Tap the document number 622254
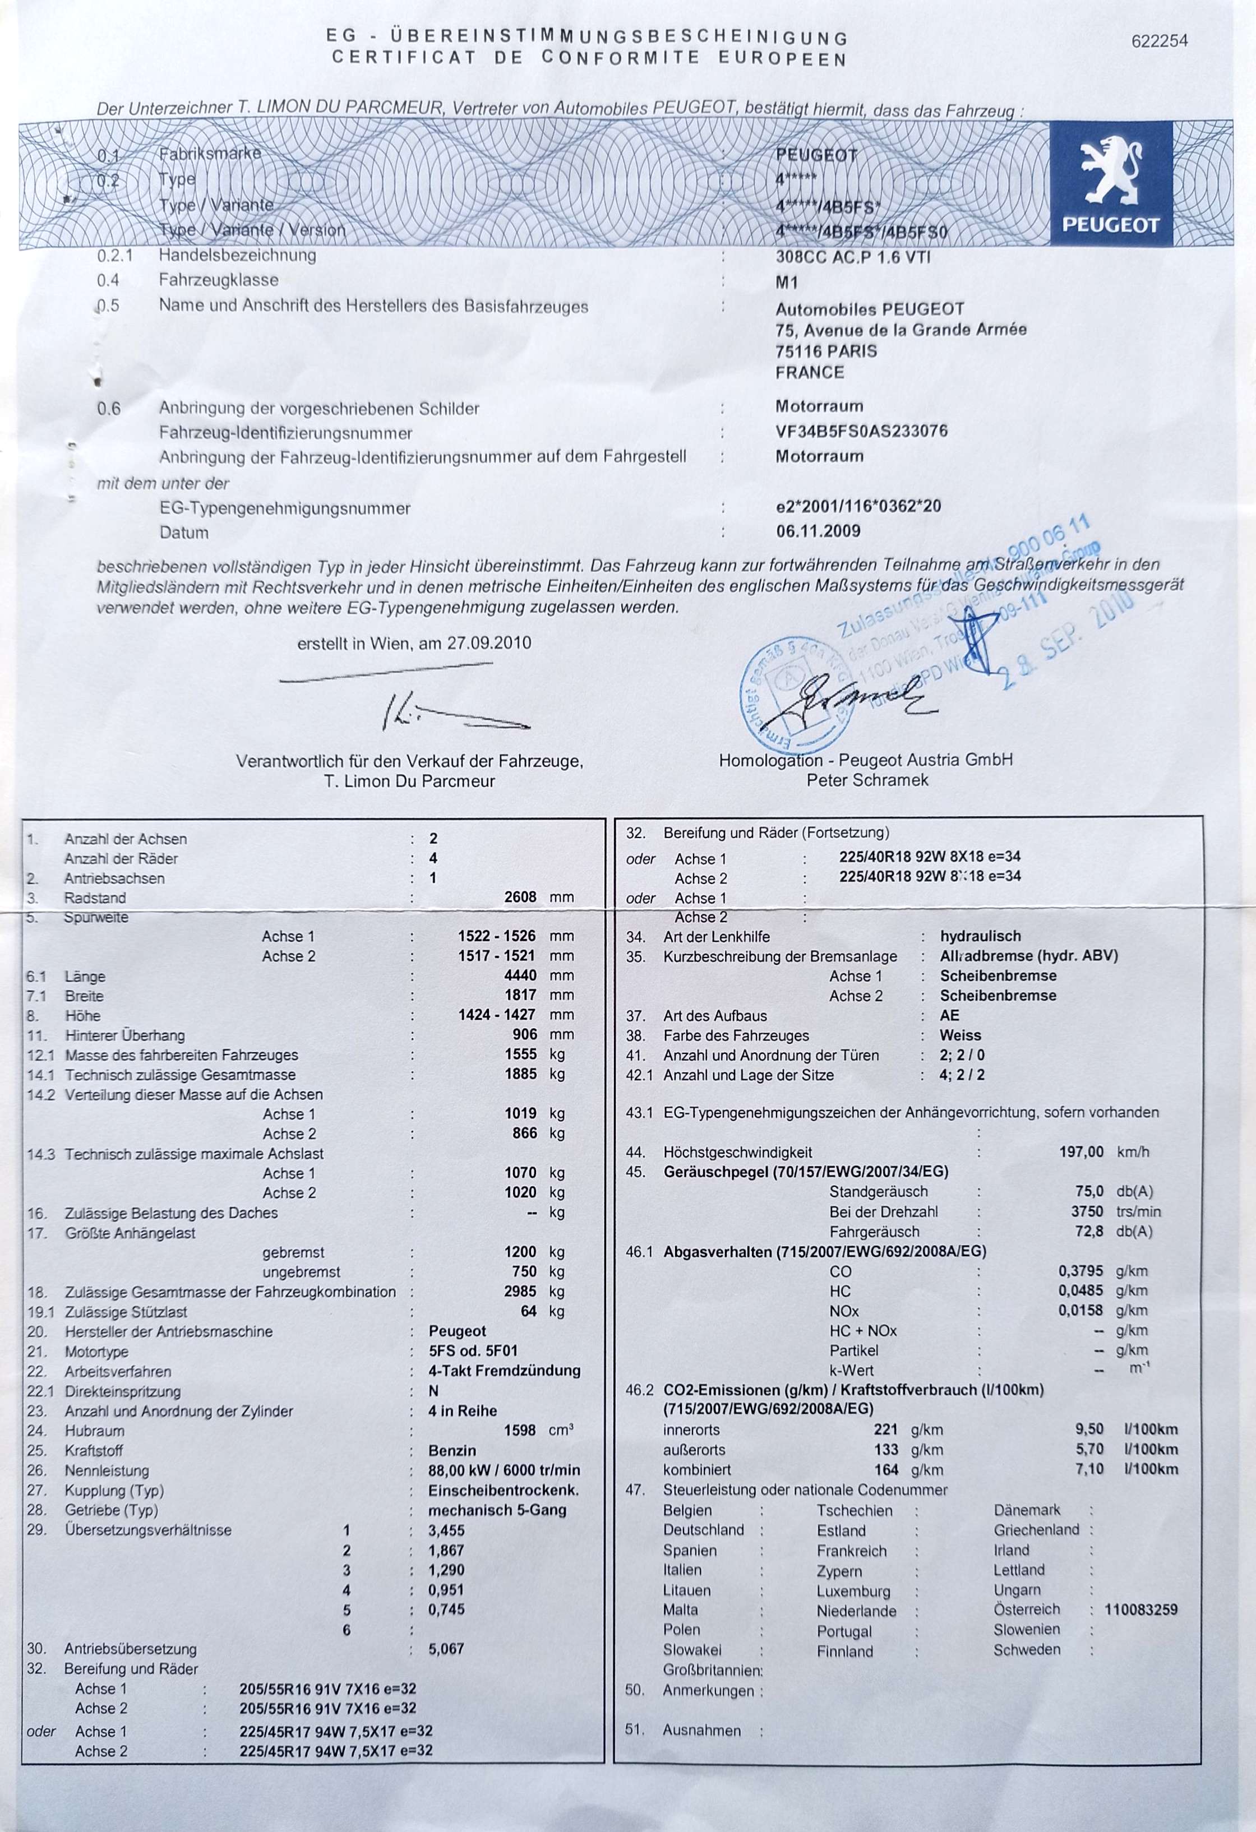coord(1158,41)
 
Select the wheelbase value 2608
coord(520,896)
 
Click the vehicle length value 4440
coord(520,975)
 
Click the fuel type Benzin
coord(452,1450)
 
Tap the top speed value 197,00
coord(1081,1151)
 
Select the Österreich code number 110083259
coord(1141,1609)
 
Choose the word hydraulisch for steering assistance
coord(980,937)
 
